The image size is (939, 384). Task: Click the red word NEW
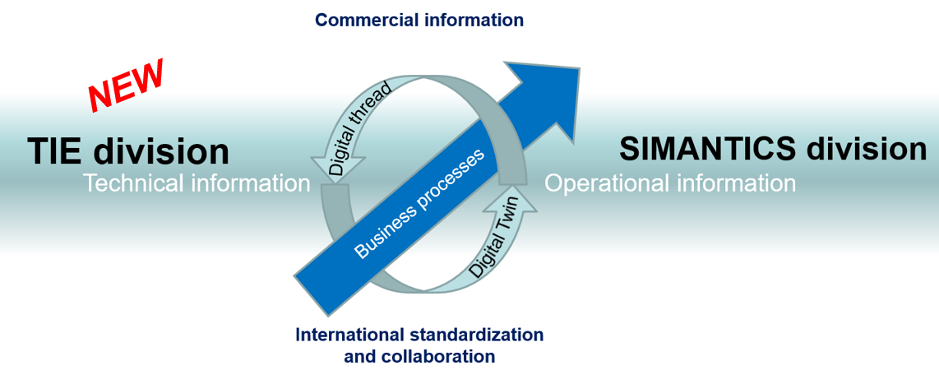click(x=127, y=85)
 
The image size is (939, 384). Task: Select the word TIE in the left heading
click(x=55, y=151)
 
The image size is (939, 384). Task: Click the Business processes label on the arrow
click(x=419, y=204)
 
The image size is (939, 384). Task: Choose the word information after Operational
click(x=736, y=183)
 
